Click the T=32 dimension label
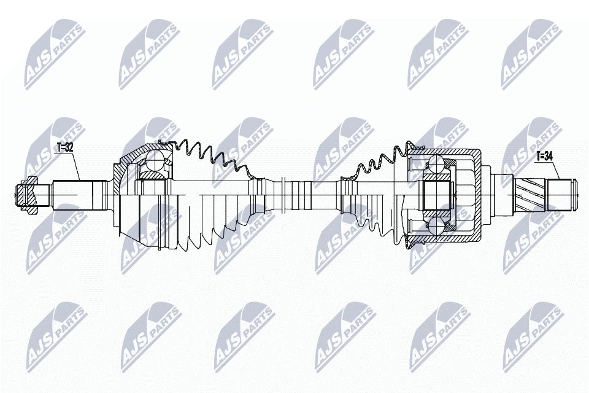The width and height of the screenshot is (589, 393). point(64,147)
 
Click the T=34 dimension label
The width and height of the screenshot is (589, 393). point(544,156)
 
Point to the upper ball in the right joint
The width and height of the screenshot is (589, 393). point(436,164)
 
